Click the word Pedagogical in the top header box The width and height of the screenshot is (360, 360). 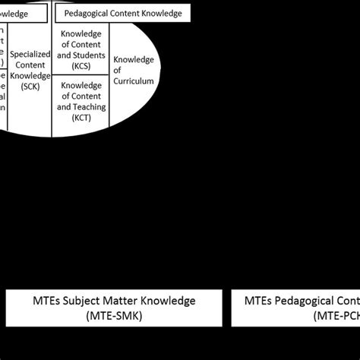point(88,13)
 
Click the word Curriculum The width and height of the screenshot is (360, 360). point(134,81)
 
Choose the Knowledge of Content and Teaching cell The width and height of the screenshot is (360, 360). point(81,108)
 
